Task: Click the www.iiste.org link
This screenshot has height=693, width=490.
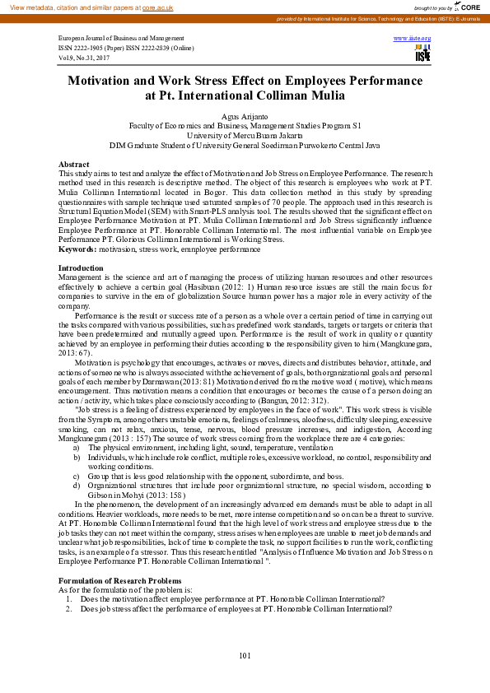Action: click(x=413, y=39)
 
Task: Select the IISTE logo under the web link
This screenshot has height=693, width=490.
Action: click(x=422, y=53)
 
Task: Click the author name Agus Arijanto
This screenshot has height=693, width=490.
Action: click(x=245, y=117)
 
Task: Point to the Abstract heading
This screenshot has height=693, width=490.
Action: click(x=74, y=165)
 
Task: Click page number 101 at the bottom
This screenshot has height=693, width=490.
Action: click(x=245, y=655)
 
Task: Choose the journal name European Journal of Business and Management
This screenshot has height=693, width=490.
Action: click(x=121, y=39)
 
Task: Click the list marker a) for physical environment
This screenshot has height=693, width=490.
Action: click(x=77, y=447)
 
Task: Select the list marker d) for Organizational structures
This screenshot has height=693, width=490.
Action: click(x=77, y=486)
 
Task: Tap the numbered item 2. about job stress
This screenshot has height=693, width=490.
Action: click(x=71, y=609)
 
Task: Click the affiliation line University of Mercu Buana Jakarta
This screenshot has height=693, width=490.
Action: click(x=245, y=135)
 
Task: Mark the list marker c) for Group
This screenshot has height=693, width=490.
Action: click(x=77, y=476)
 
